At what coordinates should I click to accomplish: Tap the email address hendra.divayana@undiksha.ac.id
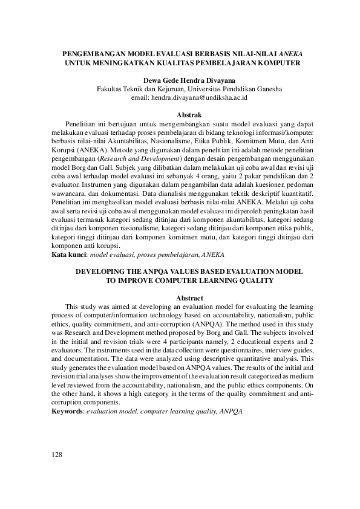197,97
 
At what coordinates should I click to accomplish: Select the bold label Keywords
67,412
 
